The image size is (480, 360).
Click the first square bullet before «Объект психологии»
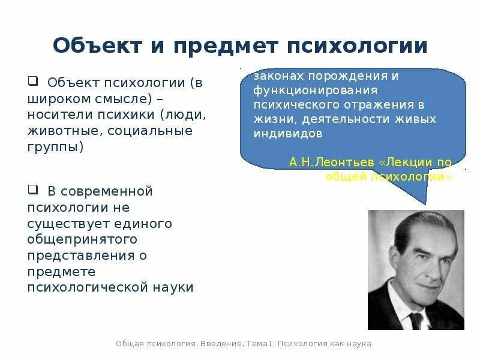(x=32, y=81)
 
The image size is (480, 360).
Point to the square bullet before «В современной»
(x=32, y=190)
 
